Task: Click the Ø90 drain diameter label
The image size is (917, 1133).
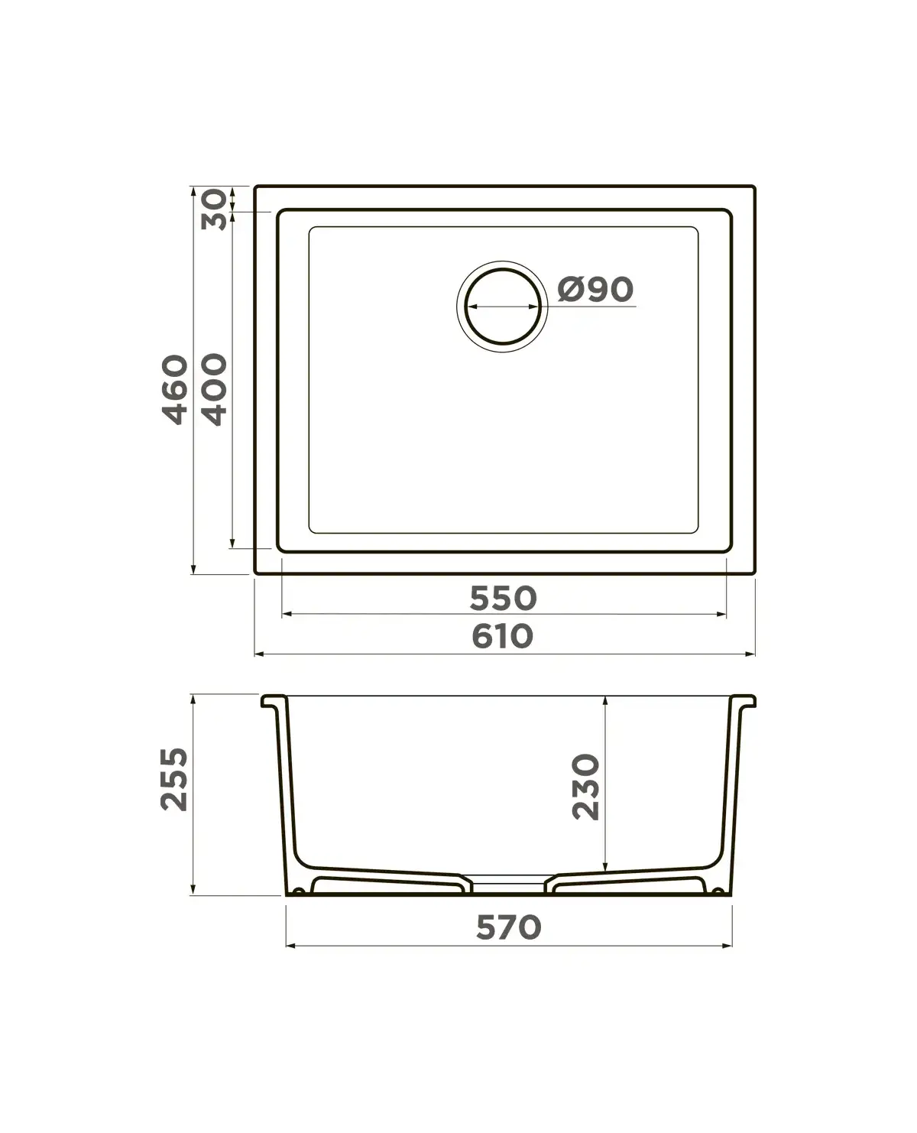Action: pos(595,290)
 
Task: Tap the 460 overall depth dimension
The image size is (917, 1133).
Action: pos(175,389)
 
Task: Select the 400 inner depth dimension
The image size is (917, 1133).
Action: pos(215,389)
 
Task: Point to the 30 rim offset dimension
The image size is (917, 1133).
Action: pos(214,209)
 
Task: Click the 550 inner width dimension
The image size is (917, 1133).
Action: pos(503,598)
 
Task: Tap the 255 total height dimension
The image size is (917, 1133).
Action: pos(174,779)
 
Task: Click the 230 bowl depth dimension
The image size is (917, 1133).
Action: pos(585,787)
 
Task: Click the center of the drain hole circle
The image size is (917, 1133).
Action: pos(503,307)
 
